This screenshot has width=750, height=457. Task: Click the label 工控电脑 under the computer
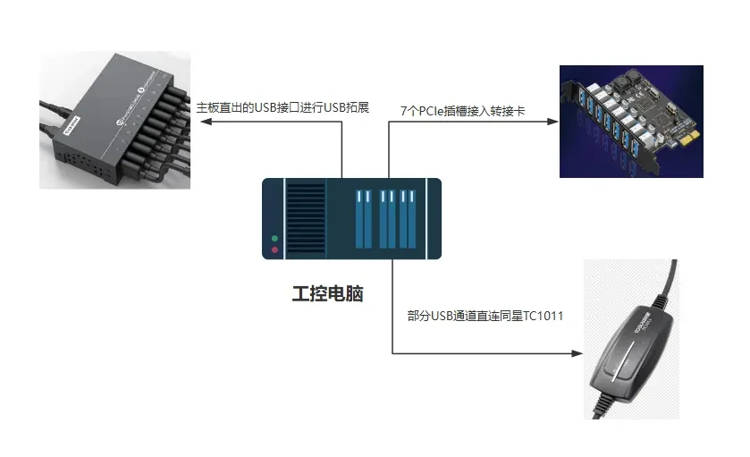coord(327,293)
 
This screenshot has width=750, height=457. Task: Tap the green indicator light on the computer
coord(274,239)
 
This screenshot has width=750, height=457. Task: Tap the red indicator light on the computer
coord(274,250)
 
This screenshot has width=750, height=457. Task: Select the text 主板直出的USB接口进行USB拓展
coord(282,108)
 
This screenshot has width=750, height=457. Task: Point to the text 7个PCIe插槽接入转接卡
coord(462,110)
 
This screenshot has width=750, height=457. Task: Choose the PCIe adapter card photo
coord(631,121)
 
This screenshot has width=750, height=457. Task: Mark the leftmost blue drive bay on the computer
coord(362,219)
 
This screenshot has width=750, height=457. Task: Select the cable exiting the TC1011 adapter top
coord(669,282)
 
